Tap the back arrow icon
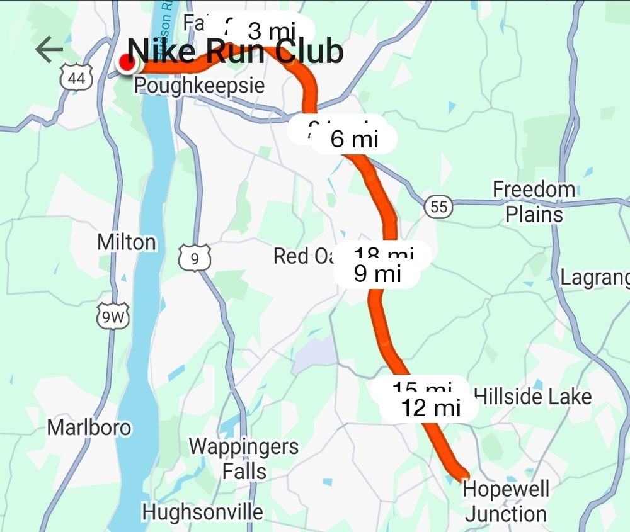click(49, 50)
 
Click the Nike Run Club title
click(236, 52)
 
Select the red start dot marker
click(127, 63)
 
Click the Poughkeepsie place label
click(199, 86)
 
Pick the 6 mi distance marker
click(355, 139)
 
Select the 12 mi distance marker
click(431, 407)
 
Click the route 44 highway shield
click(77, 78)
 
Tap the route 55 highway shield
click(438, 207)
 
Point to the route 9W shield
click(113, 318)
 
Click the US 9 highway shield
click(194, 258)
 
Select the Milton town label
click(127, 242)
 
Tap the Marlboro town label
click(89, 428)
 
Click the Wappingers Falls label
click(244, 459)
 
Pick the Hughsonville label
click(202, 512)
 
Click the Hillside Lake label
click(532, 397)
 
